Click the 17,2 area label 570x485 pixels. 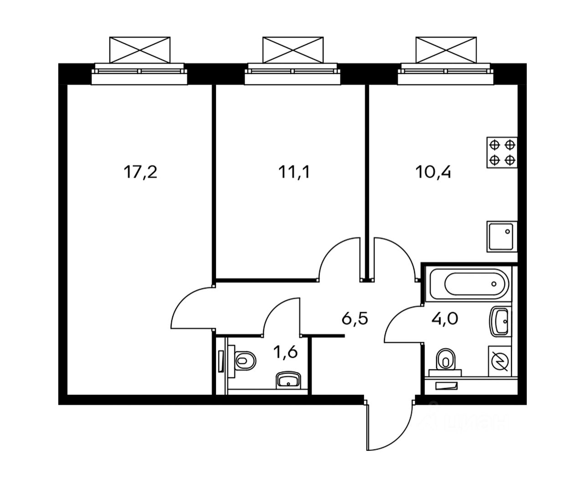(140, 172)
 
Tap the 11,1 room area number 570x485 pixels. (294, 172)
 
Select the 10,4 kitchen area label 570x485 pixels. (433, 172)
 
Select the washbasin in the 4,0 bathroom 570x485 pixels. (500, 322)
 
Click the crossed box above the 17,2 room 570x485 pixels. (139, 49)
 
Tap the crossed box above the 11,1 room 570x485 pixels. (293, 49)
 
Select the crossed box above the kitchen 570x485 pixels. (446, 49)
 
